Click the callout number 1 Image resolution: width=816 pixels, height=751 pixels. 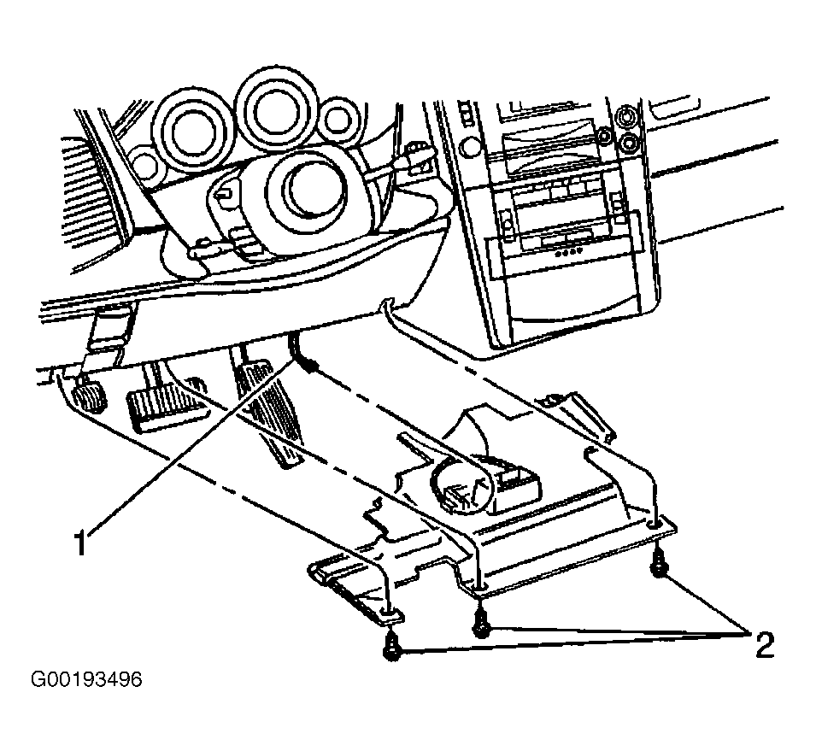coord(79,543)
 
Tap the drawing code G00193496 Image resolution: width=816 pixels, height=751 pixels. coord(86,679)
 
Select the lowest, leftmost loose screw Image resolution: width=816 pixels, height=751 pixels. coord(391,647)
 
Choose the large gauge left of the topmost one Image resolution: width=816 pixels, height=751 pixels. coord(191,132)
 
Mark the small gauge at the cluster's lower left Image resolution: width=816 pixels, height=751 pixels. coord(144,163)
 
